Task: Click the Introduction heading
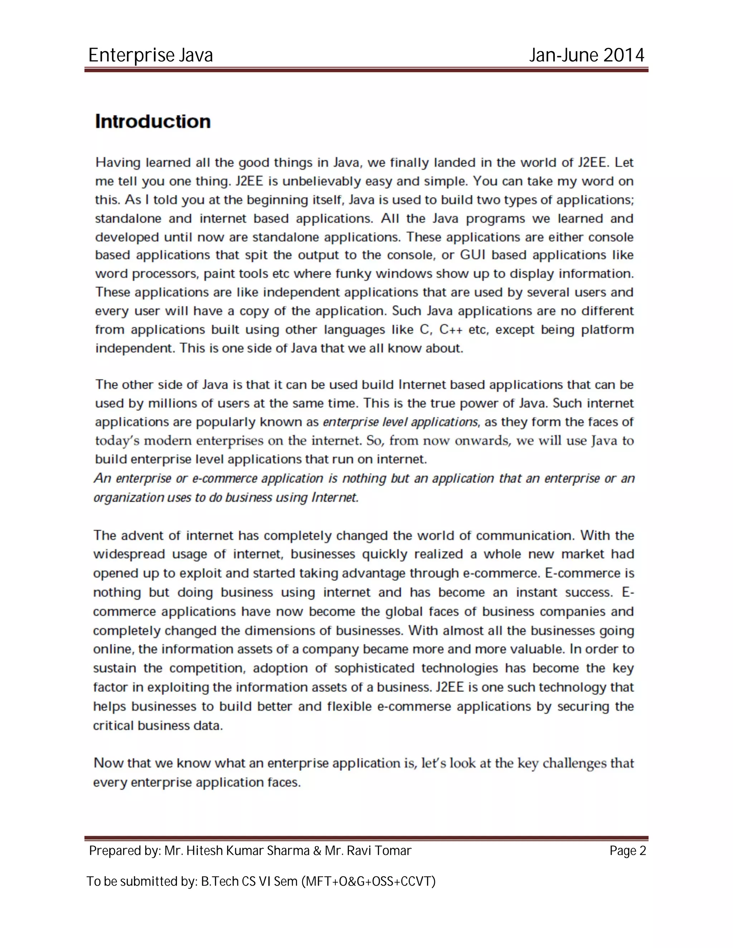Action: (153, 122)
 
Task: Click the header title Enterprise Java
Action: (151, 55)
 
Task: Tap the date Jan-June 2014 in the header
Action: (587, 55)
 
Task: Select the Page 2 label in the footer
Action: (627, 851)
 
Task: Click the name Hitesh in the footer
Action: (204, 851)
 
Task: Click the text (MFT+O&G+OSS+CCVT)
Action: (368, 881)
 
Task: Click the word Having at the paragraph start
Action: (118, 162)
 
